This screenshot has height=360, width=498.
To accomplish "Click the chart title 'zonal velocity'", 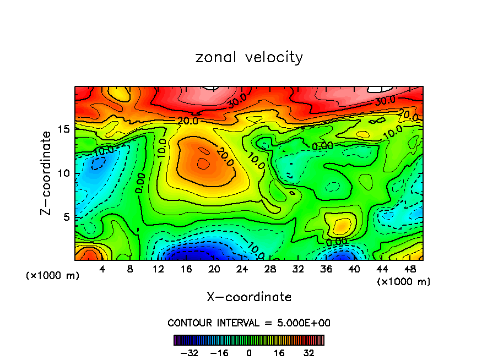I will tap(249, 57).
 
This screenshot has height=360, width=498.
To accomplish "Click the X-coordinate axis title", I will tap(249, 297).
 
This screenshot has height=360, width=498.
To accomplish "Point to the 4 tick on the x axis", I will tap(102, 270).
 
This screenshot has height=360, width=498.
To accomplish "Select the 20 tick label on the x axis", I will tap(214, 270).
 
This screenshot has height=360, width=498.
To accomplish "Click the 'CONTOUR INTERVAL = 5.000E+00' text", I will tap(249, 323).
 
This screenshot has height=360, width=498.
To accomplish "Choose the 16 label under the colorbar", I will tap(279, 353).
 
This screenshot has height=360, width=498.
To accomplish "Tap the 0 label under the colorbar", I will tap(249, 353).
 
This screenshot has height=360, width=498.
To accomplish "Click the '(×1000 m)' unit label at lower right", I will tap(403, 281).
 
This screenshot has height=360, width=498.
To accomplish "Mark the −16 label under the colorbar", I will tap(219, 353).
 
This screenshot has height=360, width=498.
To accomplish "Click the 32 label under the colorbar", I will tap(308, 353).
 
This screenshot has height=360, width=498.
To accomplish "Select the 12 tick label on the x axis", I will tap(158, 270).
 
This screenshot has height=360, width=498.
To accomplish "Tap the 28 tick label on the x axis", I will tap(270, 270).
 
